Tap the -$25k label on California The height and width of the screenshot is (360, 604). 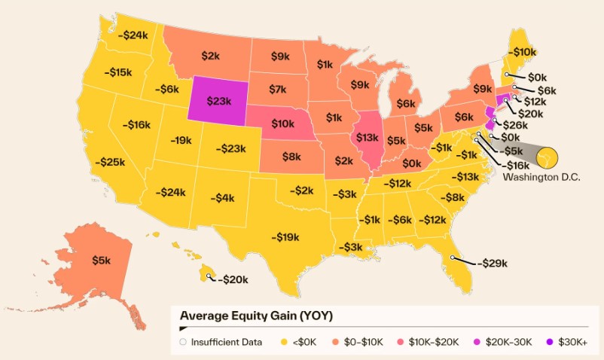click(110, 162)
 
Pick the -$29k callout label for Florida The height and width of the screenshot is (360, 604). click(491, 264)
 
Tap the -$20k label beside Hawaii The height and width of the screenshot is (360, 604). click(233, 279)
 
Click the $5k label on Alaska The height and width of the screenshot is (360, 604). click(101, 260)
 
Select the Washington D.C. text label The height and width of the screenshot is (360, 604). click(534, 177)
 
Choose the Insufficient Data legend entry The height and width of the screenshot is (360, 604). click(221, 342)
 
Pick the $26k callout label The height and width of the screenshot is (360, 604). click(514, 125)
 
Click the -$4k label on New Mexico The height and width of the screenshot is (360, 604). click(222, 198)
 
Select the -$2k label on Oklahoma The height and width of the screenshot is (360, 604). click(303, 191)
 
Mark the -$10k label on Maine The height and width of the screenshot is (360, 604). click(522, 52)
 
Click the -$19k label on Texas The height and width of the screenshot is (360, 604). click(286, 236)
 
